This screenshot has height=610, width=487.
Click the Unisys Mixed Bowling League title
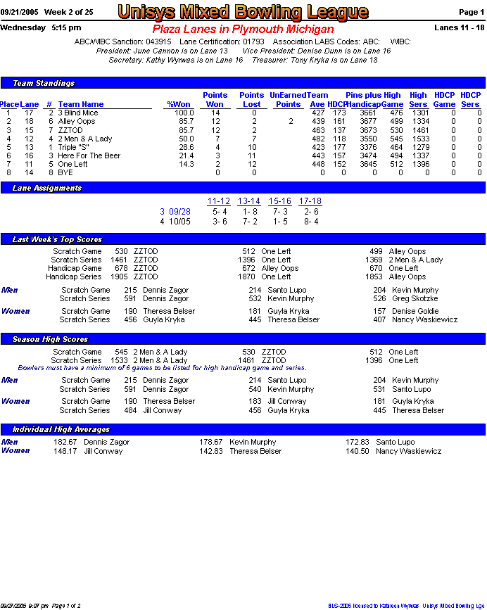click(243, 12)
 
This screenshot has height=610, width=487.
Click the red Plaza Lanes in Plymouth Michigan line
click(243, 30)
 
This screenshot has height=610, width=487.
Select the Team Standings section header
click(44, 83)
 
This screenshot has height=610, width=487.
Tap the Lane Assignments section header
click(47, 188)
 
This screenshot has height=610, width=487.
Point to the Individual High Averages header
click(61, 429)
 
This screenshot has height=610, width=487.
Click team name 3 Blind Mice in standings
click(78, 113)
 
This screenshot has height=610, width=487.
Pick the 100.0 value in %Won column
click(184, 113)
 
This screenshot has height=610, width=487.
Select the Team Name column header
click(81, 104)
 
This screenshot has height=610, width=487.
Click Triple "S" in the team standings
click(73, 147)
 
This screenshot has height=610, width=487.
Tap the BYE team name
click(65, 172)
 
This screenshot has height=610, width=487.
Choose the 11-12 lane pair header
click(219, 202)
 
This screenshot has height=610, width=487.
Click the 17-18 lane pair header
click(310, 202)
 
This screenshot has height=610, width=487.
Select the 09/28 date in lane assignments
click(179, 211)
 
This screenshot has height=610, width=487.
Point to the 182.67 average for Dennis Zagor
click(65, 443)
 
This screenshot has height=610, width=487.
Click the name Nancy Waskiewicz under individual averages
click(408, 451)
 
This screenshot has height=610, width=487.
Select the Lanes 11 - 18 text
click(460, 27)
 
